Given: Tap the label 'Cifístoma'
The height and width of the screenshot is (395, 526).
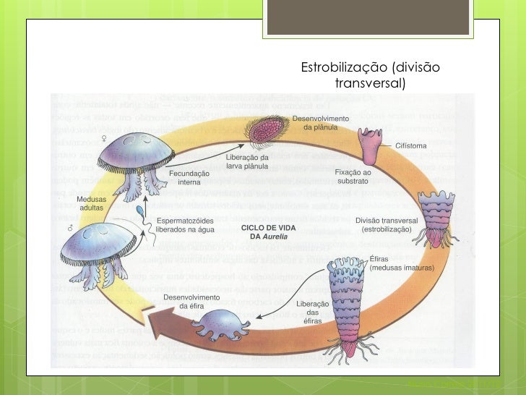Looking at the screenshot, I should [x=410, y=145].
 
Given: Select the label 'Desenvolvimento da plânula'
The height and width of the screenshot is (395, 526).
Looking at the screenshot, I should [x=321, y=122].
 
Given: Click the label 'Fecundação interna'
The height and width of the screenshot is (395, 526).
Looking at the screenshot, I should [x=189, y=177].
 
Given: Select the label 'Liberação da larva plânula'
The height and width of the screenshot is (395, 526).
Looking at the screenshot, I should [x=247, y=161].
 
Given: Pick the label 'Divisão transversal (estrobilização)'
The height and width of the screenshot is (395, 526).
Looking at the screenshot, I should [x=386, y=224].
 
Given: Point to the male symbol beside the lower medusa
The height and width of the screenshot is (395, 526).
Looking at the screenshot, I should [x=70, y=227].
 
